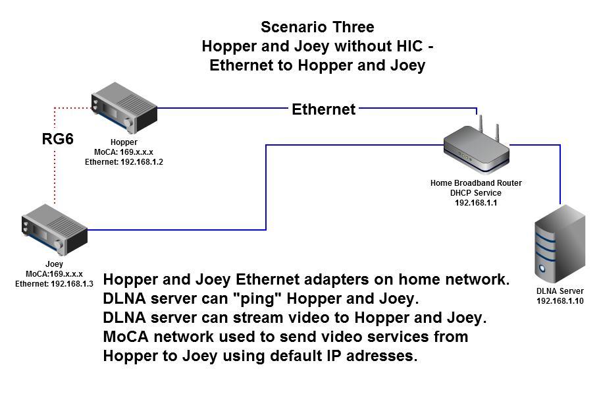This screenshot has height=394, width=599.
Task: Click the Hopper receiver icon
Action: coord(124,108)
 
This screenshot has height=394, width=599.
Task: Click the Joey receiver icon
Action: coord(55,229)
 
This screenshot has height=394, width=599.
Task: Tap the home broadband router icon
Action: coord(477,146)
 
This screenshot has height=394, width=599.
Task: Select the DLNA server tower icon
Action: coord(560,244)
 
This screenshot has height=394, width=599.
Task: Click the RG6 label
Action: coord(57,139)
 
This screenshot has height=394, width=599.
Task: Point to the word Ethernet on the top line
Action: coord(324,109)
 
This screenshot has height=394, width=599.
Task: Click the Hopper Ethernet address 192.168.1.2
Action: coord(142,162)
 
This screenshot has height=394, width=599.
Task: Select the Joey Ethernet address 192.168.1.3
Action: coord(72,284)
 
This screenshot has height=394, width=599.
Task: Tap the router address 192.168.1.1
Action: coord(476,203)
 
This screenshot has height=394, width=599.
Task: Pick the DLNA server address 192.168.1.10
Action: coord(560,300)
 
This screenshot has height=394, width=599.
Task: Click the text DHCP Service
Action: coord(476,193)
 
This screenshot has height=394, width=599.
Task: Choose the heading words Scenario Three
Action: coord(317,27)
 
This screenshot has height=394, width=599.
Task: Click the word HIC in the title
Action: coord(410,46)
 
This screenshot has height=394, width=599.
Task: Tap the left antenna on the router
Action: coord(481,125)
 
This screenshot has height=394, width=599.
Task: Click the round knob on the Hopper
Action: coord(128,123)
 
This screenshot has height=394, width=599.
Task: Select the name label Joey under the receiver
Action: coord(54,264)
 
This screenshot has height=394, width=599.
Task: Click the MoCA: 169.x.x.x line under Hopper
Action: coord(124,152)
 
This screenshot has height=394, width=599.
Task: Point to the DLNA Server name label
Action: coord(560,291)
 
